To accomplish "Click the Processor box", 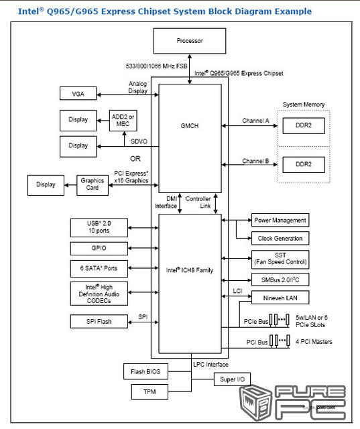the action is pos(190,41).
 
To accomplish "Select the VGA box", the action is pos(78,93).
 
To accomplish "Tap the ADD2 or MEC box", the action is pos(123,121).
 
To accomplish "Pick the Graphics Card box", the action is pos(93,185).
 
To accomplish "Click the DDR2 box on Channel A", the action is pos(304,125).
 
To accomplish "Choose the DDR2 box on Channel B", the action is pos(304,164).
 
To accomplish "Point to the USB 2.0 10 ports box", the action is pos(99,228).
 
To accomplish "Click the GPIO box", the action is pos(99,249).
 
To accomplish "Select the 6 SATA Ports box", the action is pos(99,268).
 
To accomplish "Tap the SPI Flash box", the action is pos(99,321).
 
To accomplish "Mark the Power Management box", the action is pos(280,221).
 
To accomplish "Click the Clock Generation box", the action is pos(280,239).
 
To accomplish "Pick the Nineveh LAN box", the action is pos(280,298).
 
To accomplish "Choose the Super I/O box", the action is pos(232,379).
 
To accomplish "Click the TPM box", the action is pos(149,391).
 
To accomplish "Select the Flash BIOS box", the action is pos(145,371).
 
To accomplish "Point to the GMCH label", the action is pos(190,126).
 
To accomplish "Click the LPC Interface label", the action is pos(211,365).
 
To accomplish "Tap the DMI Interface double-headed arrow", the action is pos(180,203).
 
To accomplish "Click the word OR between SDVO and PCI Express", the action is pos(135,159).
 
